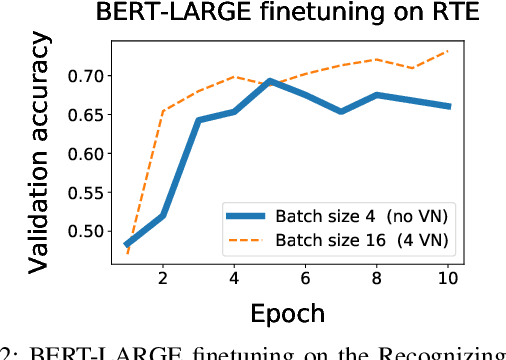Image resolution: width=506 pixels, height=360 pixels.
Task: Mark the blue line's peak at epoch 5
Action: (270, 81)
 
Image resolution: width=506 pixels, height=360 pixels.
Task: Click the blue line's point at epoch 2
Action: (163, 215)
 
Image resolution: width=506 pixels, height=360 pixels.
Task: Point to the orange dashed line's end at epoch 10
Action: (448, 50)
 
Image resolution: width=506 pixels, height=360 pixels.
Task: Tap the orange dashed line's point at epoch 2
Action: (163, 111)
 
